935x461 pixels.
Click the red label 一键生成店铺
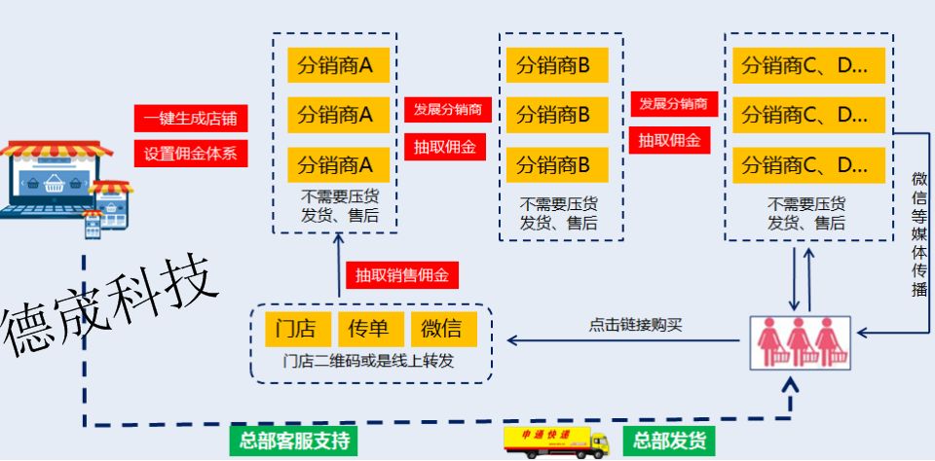191,119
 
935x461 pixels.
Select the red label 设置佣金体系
191,153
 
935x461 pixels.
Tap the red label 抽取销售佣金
401,275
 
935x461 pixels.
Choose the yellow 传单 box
369,329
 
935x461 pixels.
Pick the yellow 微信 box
442,329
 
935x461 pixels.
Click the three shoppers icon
800,341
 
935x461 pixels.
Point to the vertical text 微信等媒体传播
918,233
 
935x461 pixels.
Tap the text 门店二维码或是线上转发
369,362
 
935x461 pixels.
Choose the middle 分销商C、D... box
806,114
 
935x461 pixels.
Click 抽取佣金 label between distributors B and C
670,140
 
